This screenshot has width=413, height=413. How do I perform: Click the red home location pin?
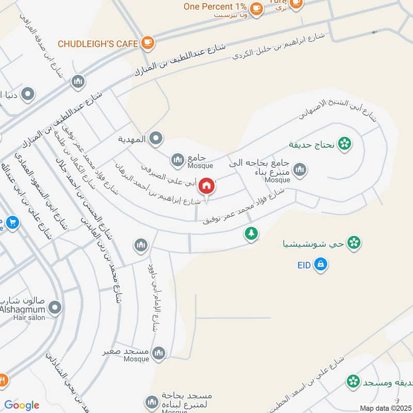(x=206, y=186)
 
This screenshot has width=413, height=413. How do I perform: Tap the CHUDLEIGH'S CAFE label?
(x=98, y=44)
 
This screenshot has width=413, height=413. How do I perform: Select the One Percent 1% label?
(x=215, y=7)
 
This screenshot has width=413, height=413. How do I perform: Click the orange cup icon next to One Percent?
(x=256, y=8)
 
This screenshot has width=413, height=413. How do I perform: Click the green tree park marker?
(x=251, y=234)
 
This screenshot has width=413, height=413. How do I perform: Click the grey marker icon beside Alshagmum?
(x=55, y=309)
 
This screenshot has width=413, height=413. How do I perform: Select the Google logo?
(x=22, y=405)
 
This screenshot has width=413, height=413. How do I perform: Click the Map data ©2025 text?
(x=385, y=408)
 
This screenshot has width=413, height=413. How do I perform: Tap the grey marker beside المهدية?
(x=156, y=138)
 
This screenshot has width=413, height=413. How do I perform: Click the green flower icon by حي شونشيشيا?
(x=354, y=242)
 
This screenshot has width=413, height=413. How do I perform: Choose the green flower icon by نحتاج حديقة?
(x=344, y=142)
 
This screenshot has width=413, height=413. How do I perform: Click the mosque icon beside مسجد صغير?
(x=159, y=353)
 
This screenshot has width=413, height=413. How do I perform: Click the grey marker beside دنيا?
(x=28, y=94)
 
